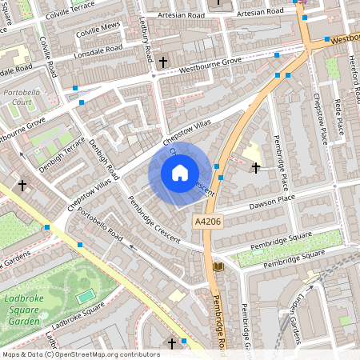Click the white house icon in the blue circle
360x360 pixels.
coord(180,172)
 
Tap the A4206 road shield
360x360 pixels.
coord(206,220)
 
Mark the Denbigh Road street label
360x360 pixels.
coord(103,160)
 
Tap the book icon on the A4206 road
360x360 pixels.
coord(218,266)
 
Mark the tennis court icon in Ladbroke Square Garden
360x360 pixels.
coord(85,296)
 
